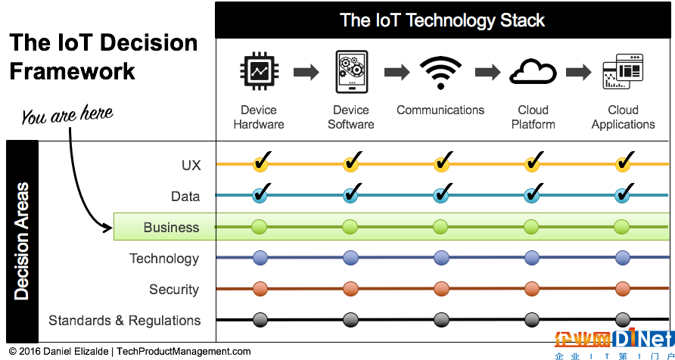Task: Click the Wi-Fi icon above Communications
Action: (440, 73)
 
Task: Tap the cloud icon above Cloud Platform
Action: (533, 73)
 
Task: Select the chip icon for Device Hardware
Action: (258, 72)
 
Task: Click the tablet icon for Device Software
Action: (351, 71)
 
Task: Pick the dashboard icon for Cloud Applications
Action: (623, 71)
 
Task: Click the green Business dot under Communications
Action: (440, 227)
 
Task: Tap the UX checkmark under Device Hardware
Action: (262, 161)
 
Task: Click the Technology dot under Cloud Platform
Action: (532, 258)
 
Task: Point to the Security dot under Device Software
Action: (350, 289)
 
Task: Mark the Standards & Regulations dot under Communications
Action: (441, 320)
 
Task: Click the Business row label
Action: (171, 227)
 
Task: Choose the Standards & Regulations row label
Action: (124, 321)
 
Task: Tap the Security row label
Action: (174, 290)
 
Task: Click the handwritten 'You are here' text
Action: (67, 114)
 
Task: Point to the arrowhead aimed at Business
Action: (107, 227)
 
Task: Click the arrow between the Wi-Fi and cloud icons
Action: (488, 73)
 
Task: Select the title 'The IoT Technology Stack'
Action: (443, 20)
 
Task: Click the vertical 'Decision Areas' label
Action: (21, 241)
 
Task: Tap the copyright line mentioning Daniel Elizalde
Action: (129, 352)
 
